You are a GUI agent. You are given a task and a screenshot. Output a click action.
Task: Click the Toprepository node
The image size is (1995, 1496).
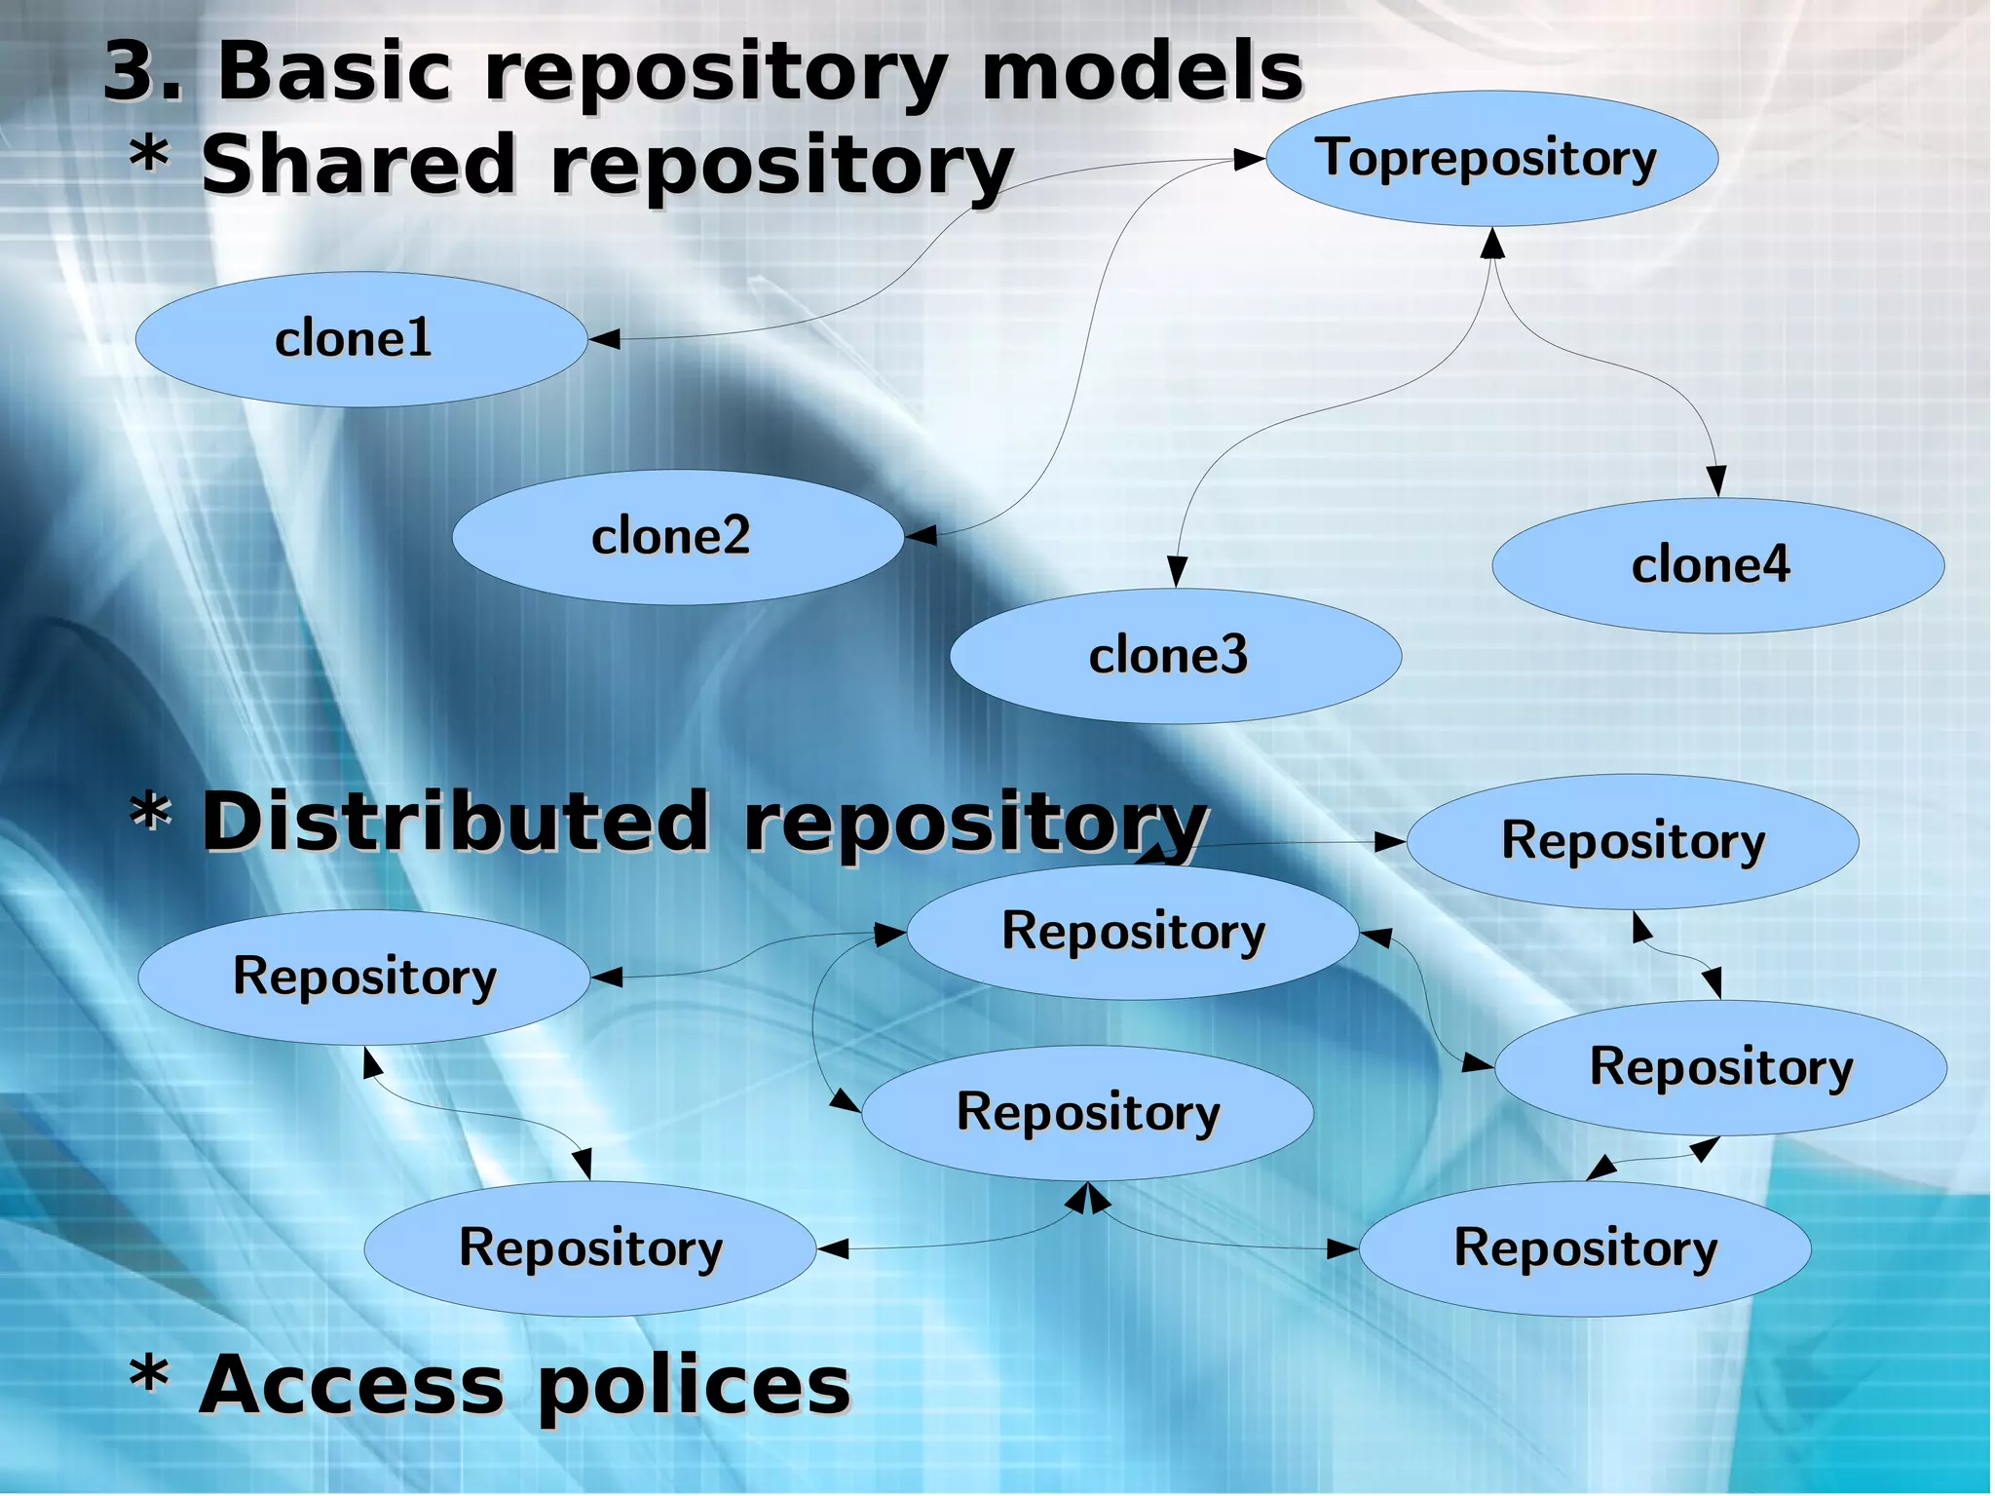point(1491,159)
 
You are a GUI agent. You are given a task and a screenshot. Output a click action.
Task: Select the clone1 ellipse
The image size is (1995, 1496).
point(360,339)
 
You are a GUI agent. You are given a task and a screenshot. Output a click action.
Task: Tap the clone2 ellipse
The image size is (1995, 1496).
point(677,537)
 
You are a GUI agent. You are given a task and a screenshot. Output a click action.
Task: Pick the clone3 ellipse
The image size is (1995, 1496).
point(1175,656)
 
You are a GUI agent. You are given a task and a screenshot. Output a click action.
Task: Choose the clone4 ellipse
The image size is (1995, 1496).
point(1717,566)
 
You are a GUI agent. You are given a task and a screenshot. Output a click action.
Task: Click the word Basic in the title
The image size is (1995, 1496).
point(334,72)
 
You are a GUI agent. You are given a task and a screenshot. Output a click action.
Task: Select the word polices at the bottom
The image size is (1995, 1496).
point(694,1386)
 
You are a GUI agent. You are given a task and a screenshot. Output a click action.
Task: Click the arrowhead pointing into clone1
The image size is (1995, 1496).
point(604,339)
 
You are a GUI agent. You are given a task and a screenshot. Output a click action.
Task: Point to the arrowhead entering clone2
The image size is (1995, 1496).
point(921,535)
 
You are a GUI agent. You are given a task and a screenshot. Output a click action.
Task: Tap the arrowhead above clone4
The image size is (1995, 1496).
point(1716,481)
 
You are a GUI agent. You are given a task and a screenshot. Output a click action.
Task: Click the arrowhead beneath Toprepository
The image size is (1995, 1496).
point(1492,244)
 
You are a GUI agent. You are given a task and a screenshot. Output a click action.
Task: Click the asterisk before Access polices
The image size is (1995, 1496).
point(150,1376)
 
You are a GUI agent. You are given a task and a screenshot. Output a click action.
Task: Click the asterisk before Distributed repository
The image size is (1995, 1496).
point(150,813)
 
